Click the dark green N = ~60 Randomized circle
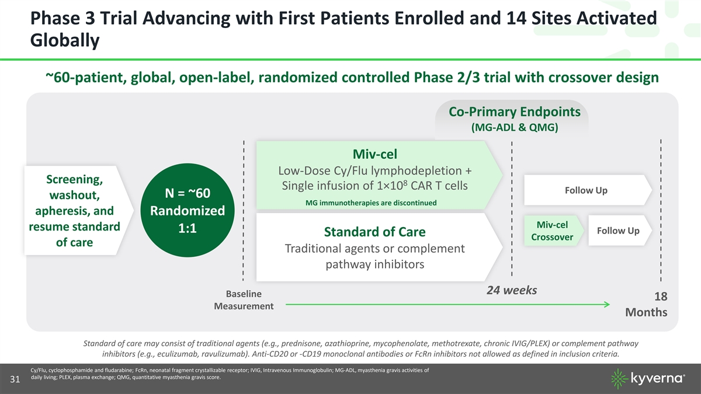point(188,210)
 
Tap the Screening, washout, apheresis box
point(78,211)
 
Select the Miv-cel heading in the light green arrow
point(374,154)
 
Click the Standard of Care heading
point(374,232)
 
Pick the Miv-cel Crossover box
point(553,231)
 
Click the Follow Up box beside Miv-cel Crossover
point(620,231)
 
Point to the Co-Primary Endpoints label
point(515,111)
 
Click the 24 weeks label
point(512,290)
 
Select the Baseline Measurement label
point(244,300)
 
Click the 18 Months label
point(647,304)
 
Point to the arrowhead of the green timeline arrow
point(607,304)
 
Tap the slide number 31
point(15,379)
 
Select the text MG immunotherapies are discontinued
point(371,203)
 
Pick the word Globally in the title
point(65,41)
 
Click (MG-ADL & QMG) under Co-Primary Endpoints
point(515,127)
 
